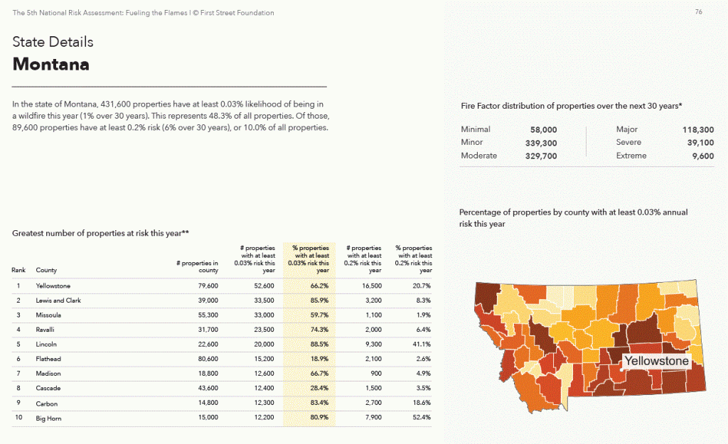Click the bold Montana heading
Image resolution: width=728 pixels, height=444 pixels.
pyautogui.click(x=51, y=64)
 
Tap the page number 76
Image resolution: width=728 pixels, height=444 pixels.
pyautogui.click(x=698, y=12)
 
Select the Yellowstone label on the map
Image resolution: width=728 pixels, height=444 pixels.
pyautogui.click(x=656, y=361)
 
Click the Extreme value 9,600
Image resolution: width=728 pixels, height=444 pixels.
pyautogui.click(x=703, y=156)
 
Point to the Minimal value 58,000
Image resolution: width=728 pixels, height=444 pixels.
pyautogui.click(x=544, y=130)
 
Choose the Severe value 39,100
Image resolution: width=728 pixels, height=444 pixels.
pyautogui.click(x=700, y=143)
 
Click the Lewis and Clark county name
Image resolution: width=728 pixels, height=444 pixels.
pyautogui.click(x=58, y=300)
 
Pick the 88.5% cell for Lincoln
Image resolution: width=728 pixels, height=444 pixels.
pyautogui.click(x=319, y=345)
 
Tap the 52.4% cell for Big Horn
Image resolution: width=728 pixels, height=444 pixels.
pyautogui.click(x=422, y=418)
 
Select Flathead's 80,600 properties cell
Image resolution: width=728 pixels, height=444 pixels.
pyautogui.click(x=208, y=359)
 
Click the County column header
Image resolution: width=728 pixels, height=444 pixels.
pyautogui.click(x=46, y=270)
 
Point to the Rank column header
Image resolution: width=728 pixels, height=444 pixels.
pyautogui.click(x=18, y=270)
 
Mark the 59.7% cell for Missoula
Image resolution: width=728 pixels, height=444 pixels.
pyautogui.click(x=319, y=315)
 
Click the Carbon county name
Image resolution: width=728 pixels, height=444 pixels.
pyautogui.click(x=47, y=404)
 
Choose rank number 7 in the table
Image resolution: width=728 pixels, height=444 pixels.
pyautogui.click(x=18, y=373)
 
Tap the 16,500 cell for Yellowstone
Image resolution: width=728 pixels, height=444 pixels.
pyautogui.click(x=372, y=286)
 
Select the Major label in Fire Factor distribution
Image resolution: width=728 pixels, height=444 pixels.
pyautogui.click(x=627, y=129)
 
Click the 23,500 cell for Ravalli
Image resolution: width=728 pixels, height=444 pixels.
pyautogui.click(x=264, y=330)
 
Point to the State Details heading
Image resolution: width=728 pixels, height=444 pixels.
pyautogui.click(x=53, y=42)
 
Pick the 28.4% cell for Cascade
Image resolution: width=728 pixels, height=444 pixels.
pyautogui.click(x=319, y=389)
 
